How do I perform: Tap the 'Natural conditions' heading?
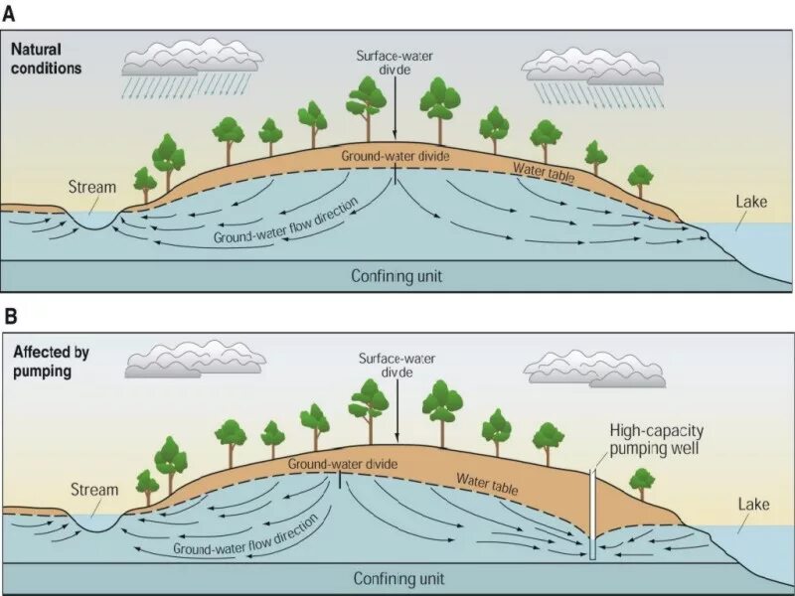(x=46, y=60)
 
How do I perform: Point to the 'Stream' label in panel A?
(x=92, y=187)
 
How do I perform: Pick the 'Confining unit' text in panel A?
(x=397, y=276)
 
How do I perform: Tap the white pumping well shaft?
(x=592, y=512)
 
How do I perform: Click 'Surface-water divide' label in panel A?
(x=395, y=64)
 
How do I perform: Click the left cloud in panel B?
(x=194, y=359)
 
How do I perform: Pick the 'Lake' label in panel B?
(x=753, y=505)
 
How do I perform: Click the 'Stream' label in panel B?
(x=94, y=490)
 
